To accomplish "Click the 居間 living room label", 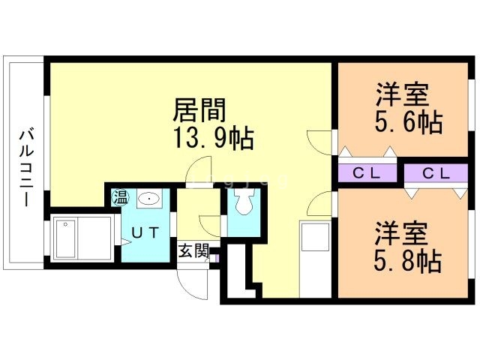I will [199, 110].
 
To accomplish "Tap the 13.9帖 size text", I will [214, 138].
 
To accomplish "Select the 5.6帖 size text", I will [406, 121].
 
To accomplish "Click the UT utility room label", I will [145, 232].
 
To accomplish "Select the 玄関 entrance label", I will [193, 250].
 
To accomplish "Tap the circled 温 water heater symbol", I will [120, 198].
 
